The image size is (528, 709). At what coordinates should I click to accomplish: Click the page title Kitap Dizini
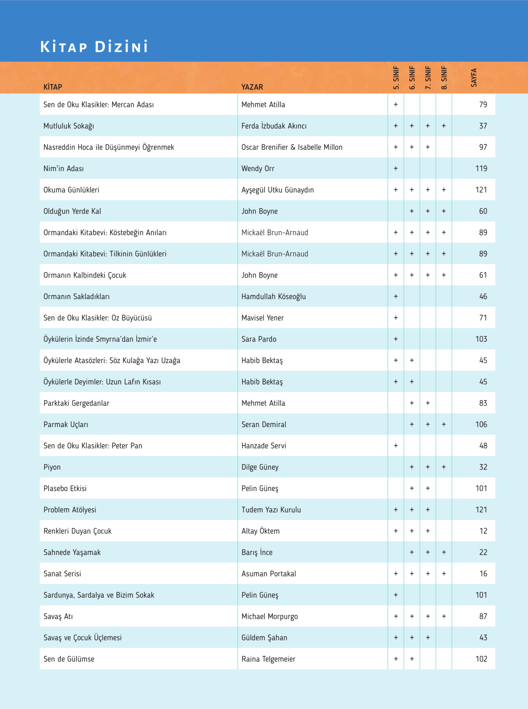tap(94, 47)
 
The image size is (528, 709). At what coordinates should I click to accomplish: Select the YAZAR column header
tap(252, 87)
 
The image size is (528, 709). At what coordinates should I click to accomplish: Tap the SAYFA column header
tap(474, 78)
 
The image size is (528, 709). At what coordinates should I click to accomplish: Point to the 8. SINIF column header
tap(444, 78)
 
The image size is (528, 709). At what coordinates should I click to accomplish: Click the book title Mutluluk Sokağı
tap(69, 126)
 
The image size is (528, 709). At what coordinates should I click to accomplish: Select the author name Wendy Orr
tap(257, 168)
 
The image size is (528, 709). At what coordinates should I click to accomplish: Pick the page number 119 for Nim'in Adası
tap(481, 168)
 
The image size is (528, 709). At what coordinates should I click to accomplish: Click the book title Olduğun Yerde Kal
tap(72, 211)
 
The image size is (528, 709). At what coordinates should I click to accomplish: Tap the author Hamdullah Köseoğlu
tap(273, 297)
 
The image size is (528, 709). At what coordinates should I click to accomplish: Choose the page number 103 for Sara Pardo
tap(481, 339)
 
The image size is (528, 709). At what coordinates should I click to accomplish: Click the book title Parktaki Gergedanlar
tap(76, 403)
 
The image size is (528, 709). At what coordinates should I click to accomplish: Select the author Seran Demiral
tap(264, 425)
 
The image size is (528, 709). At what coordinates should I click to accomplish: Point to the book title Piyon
tap(52, 467)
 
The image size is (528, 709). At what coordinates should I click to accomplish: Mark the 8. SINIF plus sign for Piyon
tap(444, 467)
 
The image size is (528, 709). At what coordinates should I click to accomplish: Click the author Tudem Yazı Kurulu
tap(271, 510)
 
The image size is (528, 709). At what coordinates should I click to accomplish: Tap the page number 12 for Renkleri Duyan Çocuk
tap(483, 531)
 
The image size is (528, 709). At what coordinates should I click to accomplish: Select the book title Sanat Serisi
tap(62, 574)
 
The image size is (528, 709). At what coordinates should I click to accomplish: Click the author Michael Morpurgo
tap(269, 616)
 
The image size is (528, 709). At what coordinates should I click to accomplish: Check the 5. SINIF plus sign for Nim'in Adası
tap(396, 168)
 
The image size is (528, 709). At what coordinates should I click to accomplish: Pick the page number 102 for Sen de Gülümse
tap(481, 659)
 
